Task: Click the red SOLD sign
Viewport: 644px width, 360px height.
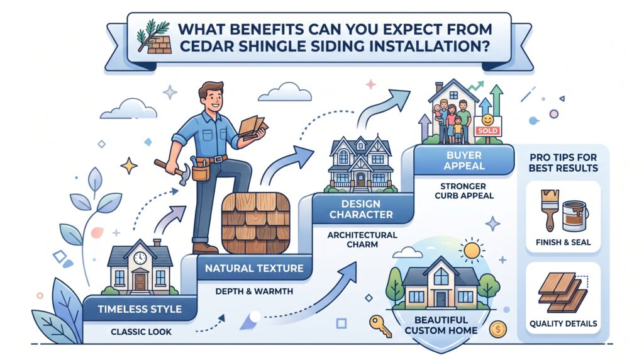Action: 488,131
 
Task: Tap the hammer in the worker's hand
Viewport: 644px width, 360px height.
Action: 172,169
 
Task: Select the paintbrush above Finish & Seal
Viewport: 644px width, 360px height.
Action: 549,210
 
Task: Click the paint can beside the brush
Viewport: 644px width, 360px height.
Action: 575,216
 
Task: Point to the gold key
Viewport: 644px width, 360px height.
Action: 380,326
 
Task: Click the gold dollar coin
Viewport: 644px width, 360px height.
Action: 498,329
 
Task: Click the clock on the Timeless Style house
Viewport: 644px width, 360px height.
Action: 140,257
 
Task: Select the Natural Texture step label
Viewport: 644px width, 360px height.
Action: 254,268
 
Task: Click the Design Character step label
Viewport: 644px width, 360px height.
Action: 361,209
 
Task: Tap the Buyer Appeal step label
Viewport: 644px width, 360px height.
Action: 464,160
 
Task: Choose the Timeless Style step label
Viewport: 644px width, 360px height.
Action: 140,309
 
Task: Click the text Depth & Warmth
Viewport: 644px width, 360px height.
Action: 254,291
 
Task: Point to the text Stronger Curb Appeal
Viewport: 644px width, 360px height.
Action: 464,191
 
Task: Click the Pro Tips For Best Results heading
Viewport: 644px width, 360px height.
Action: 563,163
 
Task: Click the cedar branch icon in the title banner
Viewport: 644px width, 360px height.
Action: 153,37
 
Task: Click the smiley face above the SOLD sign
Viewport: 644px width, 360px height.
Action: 487,120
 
